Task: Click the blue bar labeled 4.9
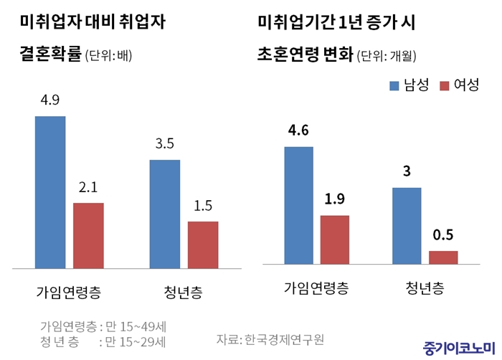[50, 191]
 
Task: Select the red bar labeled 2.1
[88, 235]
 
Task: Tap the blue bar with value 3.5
[164, 214]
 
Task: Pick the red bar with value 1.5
[202, 245]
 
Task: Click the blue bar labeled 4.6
[298, 205]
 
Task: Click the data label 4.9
[50, 100]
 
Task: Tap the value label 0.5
[442, 235]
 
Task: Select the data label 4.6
[298, 131]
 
